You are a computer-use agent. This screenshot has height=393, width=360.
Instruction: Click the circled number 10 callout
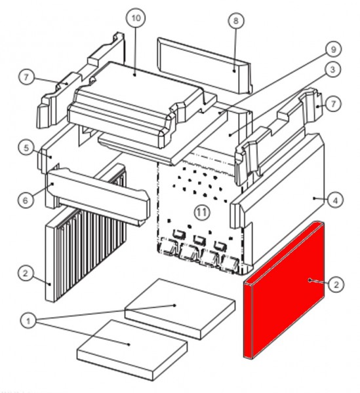(x=136, y=18)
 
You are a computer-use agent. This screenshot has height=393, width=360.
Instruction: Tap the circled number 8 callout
(x=236, y=20)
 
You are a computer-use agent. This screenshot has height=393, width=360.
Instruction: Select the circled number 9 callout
(x=333, y=49)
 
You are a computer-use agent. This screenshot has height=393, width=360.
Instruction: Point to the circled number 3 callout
(x=332, y=69)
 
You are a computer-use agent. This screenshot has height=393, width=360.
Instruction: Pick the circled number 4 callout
(x=336, y=200)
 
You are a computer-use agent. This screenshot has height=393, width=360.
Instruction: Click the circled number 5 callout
(x=26, y=148)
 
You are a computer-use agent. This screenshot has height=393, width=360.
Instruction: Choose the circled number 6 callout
(x=25, y=200)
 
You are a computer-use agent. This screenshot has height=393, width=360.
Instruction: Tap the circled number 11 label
(x=202, y=212)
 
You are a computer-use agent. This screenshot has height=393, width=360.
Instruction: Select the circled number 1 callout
(x=28, y=320)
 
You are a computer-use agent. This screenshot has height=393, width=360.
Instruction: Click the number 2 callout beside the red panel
(x=336, y=284)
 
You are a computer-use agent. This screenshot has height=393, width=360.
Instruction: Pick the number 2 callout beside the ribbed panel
(x=26, y=273)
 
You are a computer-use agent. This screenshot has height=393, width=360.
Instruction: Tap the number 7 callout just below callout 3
(x=333, y=103)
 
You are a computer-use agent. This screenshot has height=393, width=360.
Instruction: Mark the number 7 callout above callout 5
(x=26, y=77)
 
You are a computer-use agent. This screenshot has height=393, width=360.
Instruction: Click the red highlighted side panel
(x=283, y=291)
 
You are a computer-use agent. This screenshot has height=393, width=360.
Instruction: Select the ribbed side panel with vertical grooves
(x=85, y=233)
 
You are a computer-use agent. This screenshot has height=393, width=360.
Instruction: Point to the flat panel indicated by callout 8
(x=205, y=65)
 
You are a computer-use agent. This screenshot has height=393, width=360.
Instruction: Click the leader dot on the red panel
(x=310, y=280)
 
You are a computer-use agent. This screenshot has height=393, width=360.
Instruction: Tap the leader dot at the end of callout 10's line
(x=134, y=75)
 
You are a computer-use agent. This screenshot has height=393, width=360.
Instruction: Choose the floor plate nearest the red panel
(x=180, y=309)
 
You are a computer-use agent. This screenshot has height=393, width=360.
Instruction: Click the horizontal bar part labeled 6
(x=98, y=196)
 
